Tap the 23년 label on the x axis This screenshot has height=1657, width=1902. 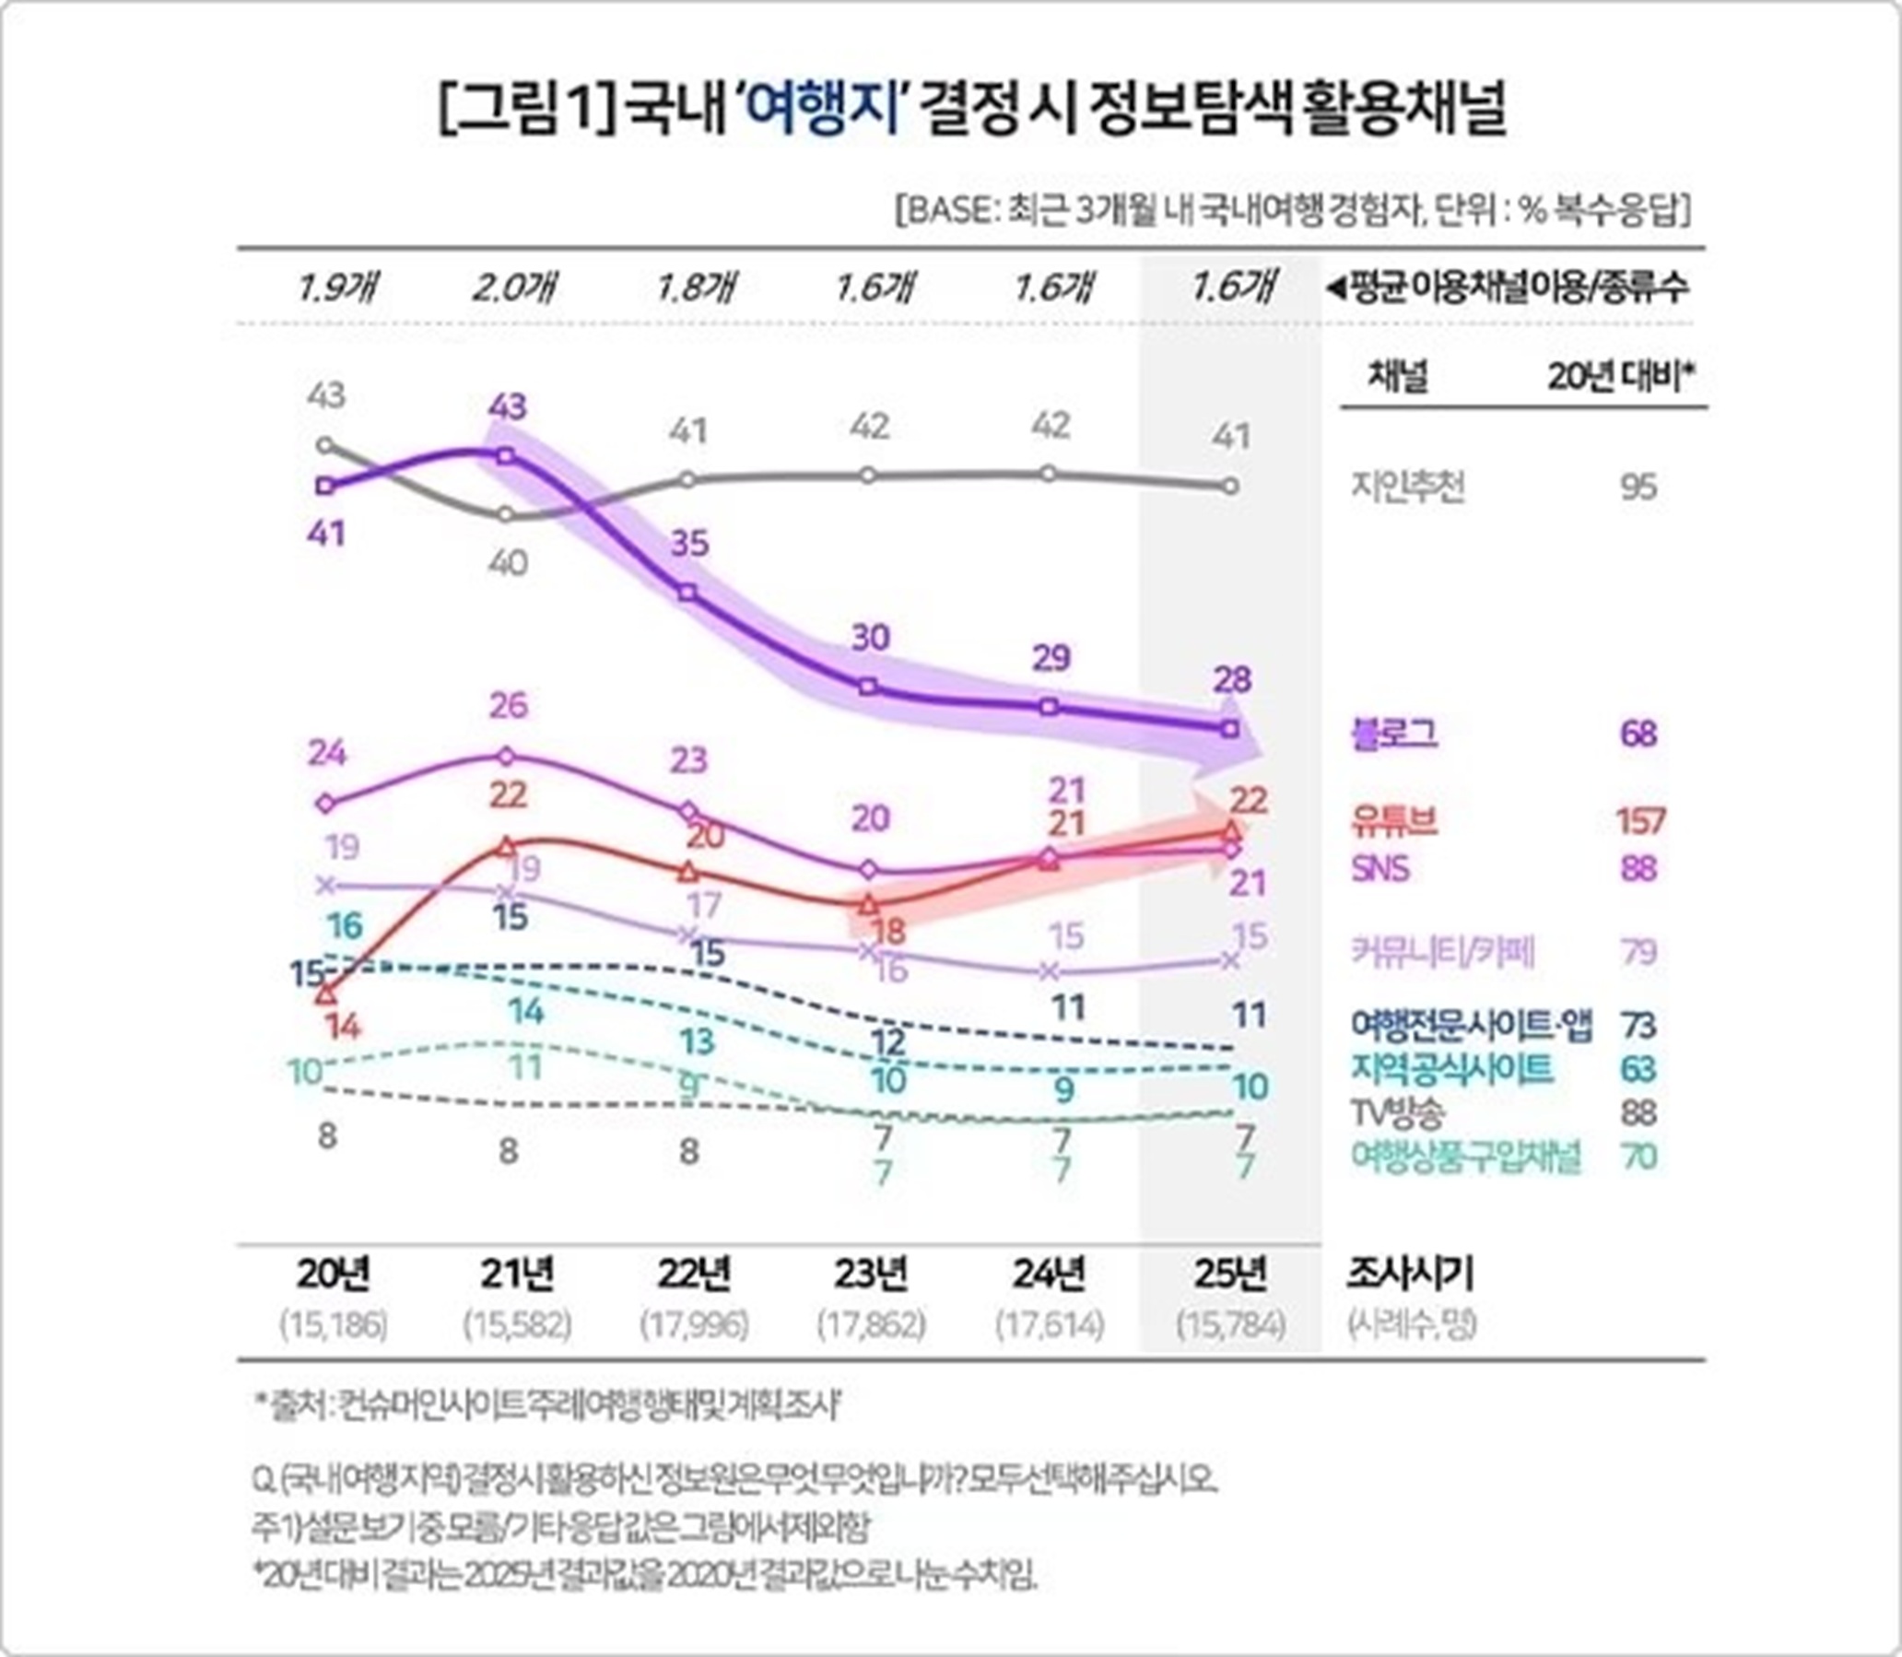point(870,1275)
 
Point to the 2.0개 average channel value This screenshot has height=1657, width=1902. point(514,288)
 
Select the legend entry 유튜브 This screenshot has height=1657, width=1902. point(1394,820)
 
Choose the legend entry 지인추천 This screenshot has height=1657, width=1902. point(1408,487)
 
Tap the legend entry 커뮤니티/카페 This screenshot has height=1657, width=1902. point(1443,951)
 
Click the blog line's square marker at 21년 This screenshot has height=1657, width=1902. point(505,456)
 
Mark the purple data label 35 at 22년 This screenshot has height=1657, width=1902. point(690,544)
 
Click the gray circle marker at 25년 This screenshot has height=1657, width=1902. point(1230,487)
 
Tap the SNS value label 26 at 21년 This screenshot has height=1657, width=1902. point(509,706)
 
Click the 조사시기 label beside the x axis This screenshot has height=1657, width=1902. point(1409,1275)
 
